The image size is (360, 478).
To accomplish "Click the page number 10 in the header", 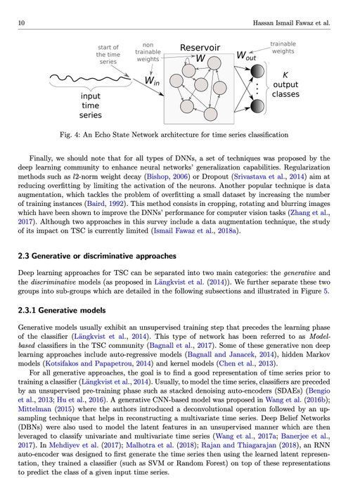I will tap(22, 24).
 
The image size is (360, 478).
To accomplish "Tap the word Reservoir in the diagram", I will tap(200, 48).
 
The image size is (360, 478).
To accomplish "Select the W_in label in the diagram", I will tap(152, 81).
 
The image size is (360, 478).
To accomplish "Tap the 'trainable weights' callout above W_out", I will tap(283, 47).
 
